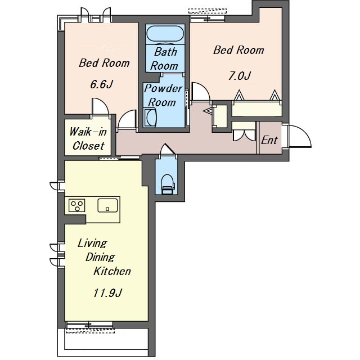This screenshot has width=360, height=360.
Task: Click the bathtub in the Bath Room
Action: (165, 34)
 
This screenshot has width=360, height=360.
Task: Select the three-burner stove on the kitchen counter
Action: (77, 205)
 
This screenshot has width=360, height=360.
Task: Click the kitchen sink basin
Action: (107, 205)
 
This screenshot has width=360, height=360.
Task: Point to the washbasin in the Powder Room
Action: (150, 118)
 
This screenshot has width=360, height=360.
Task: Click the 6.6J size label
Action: (101, 84)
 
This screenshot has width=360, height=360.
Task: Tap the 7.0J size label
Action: (239, 76)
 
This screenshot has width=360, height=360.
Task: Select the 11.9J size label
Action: (107, 293)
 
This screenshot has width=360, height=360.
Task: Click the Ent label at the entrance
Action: (269, 140)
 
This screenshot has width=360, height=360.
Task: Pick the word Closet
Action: (88, 146)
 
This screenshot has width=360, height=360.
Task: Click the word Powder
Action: (163, 88)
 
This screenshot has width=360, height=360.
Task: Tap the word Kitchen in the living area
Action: (112, 271)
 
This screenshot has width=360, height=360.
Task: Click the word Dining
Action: (100, 257)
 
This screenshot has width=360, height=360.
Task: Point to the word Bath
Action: (165, 52)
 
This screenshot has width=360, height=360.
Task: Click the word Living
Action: (92, 244)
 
